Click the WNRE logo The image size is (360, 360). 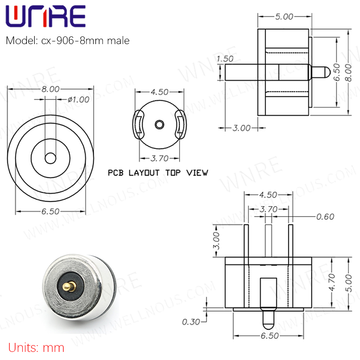[45, 16]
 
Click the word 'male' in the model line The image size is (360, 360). [118, 40]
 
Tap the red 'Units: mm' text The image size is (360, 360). [36, 348]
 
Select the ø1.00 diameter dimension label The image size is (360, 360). [78, 99]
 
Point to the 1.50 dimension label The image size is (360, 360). [225, 59]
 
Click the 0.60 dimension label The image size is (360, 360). [325, 217]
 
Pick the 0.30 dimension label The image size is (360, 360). [191, 322]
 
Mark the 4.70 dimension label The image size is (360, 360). [332, 282]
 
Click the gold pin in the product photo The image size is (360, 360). [69, 286]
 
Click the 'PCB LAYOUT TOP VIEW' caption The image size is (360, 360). [158, 173]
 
